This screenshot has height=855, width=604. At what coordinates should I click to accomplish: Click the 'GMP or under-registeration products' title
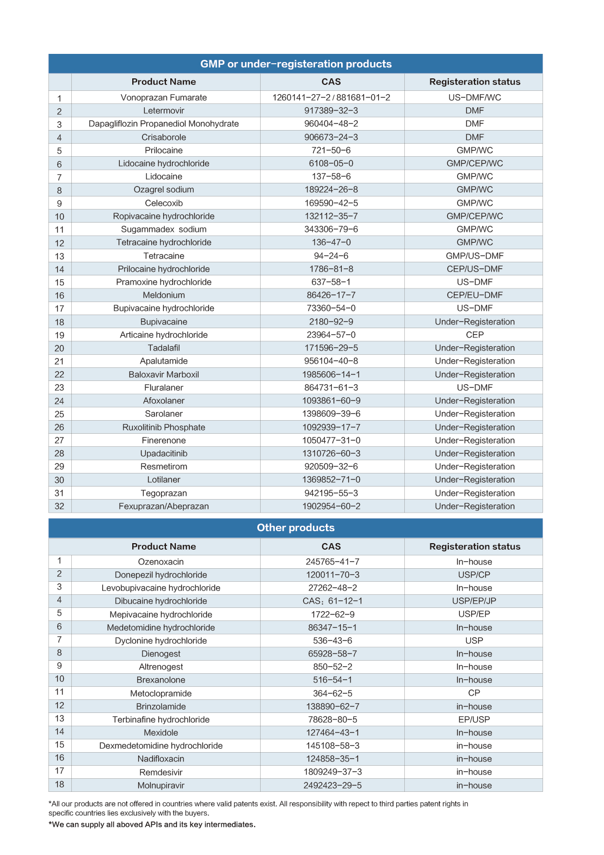pyautogui.click(x=295, y=64)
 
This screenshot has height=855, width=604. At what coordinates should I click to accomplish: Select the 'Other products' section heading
pyautogui.click(x=295, y=527)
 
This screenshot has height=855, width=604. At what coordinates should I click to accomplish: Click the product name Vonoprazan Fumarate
pyautogui.click(x=164, y=97)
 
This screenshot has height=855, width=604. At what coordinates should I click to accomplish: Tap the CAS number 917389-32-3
pyautogui.click(x=331, y=110)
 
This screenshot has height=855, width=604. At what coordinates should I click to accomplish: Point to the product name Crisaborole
pyautogui.click(x=164, y=137)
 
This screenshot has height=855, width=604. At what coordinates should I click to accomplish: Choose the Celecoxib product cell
pyautogui.click(x=164, y=203)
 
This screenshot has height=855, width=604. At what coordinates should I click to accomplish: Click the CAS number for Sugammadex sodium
pyautogui.click(x=331, y=229)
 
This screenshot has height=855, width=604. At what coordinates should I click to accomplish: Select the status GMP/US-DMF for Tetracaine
pyautogui.click(x=474, y=256)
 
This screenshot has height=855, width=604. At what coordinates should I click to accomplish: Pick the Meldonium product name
pyautogui.click(x=164, y=295)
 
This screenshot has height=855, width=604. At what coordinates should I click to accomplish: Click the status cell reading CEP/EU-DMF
pyautogui.click(x=474, y=295)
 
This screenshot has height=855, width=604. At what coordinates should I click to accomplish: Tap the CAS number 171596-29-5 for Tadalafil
pyautogui.click(x=331, y=348)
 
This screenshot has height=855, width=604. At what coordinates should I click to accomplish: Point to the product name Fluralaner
pyautogui.click(x=164, y=387)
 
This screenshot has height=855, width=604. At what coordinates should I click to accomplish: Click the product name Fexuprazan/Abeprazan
pyautogui.click(x=164, y=506)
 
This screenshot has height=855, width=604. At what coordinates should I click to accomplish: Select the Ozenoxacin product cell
pyautogui.click(x=161, y=562)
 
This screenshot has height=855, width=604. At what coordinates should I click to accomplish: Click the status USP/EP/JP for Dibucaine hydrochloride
pyautogui.click(x=474, y=601)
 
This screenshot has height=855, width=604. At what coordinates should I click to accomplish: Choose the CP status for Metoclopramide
pyautogui.click(x=474, y=693)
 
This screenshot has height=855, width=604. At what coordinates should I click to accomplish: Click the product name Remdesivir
pyautogui.click(x=161, y=772)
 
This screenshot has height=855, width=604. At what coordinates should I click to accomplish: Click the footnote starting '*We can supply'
pyautogui.click(x=152, y=825)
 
